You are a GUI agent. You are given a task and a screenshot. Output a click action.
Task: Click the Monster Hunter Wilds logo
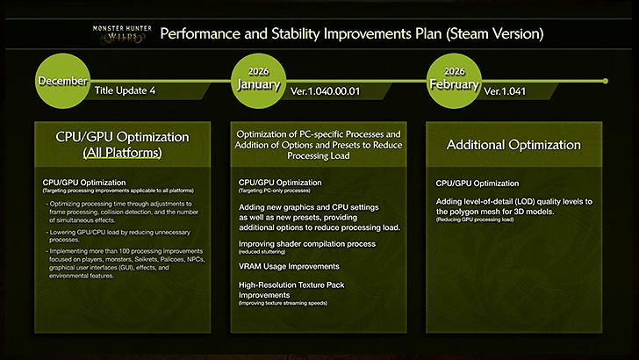click(122, 33)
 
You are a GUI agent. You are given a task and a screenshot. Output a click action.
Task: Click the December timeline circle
click(62, 81)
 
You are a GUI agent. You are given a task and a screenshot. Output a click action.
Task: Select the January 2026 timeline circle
click(258, 81)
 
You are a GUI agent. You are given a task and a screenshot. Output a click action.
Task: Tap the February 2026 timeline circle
click(453, 81)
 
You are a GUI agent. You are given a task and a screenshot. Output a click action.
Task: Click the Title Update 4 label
click(129, 90)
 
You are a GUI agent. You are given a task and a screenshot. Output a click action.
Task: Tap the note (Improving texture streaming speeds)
click(296, 302)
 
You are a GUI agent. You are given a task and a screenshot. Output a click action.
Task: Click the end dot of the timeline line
click(604, 81)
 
